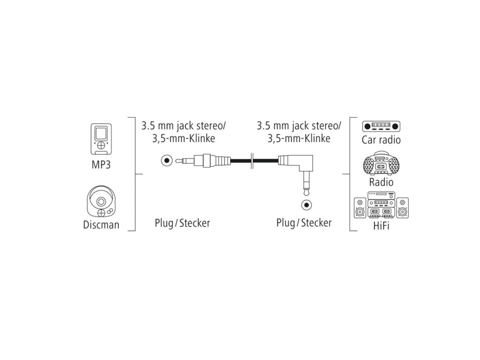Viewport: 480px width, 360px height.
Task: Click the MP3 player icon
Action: pos(101,139)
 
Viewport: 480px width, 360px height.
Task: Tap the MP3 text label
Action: pos(101,166)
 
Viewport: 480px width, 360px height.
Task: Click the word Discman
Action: pos(101,225)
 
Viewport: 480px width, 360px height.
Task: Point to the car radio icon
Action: pos(382,126)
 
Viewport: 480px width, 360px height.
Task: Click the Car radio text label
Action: pos(381,140)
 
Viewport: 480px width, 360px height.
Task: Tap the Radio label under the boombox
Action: pos(381,182)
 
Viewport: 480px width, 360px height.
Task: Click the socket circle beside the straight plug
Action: pos(165,161)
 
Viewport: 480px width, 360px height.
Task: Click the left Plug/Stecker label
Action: pos(182,223)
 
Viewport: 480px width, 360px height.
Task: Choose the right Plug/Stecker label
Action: pos(304,223)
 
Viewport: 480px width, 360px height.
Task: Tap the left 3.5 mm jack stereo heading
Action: pos(184,126)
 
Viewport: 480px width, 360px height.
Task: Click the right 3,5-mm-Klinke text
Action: pos(299,138)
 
